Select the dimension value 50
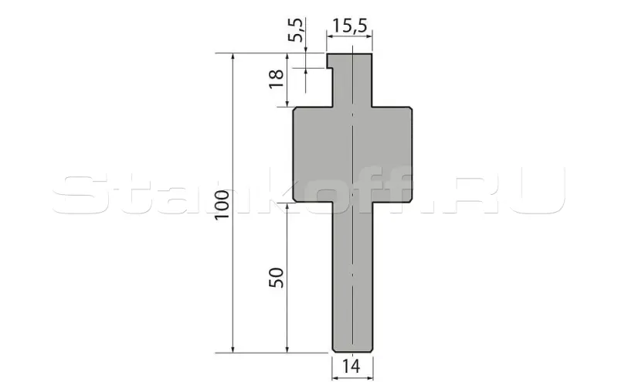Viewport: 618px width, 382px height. [277, 278]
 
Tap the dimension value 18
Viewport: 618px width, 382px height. [277, 79]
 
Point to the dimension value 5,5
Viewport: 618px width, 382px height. [296, 30]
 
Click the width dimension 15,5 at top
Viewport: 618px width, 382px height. [350, 26]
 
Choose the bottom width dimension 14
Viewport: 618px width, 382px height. [351, 367]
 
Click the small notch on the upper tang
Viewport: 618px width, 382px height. [331, 69]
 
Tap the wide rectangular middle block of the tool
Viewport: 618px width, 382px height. [353, 155]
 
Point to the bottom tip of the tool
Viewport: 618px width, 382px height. [353, 351]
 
